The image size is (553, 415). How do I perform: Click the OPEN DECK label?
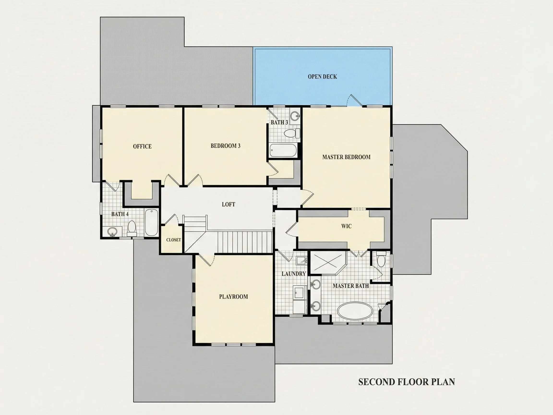click(x=322, y=77)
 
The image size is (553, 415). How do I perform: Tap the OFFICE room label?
click(x=142, y=146)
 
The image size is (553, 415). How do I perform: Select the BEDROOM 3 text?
click(x=226, y=146)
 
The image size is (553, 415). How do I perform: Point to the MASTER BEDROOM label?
click(x=346, y=157)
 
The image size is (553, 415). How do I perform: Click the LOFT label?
click(x=228, y=204)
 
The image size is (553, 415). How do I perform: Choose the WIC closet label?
click(x=346, y=226)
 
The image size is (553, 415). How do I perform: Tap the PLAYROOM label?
click(x=234, y=297)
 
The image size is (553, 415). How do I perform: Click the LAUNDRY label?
click(x=294, y=274)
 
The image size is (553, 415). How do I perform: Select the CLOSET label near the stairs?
click(x=174, y=240)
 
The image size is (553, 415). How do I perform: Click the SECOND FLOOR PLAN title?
click(x=407, y=382)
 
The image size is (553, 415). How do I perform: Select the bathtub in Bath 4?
click(x=151, y=222)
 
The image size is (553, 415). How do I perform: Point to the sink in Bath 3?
click(x=295, y=116)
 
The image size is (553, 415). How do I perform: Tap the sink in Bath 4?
click(x=113, y=232)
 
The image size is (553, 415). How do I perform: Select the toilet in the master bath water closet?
click(x=381, y=260)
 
